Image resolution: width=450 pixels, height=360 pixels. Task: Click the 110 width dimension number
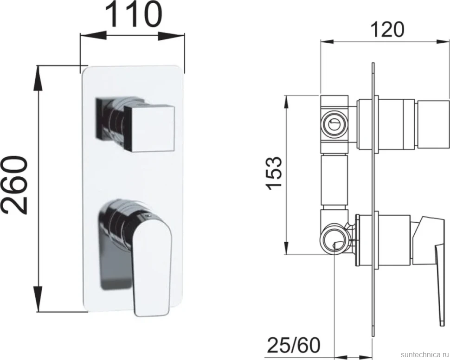coord(134,15)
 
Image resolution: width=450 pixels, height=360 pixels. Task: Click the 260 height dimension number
coord(15,185)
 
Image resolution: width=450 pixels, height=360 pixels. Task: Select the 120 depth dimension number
coord(387,29)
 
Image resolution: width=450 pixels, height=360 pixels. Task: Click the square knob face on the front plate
coord(149,129)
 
